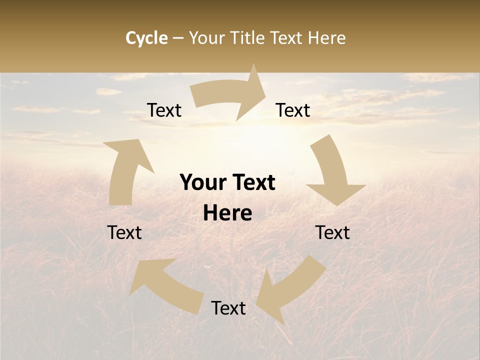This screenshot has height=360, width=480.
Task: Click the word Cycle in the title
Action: pos(146,38)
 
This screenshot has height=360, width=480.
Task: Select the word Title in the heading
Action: pos(248,38)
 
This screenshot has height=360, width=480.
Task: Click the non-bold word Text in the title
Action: pos(287,38)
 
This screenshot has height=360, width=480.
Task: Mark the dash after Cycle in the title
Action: pos(178,38)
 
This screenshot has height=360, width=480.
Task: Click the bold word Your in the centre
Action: pos(202,183)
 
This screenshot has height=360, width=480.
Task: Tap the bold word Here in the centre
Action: pos(227,213)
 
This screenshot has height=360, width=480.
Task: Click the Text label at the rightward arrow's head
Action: pos(293,110)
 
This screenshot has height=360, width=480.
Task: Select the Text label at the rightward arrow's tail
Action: pos(164,110)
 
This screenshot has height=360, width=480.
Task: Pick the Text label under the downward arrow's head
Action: pos(332,233)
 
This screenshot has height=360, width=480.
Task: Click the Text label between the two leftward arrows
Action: pos(228,308)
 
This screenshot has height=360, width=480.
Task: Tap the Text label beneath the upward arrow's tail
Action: pos(124,233)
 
